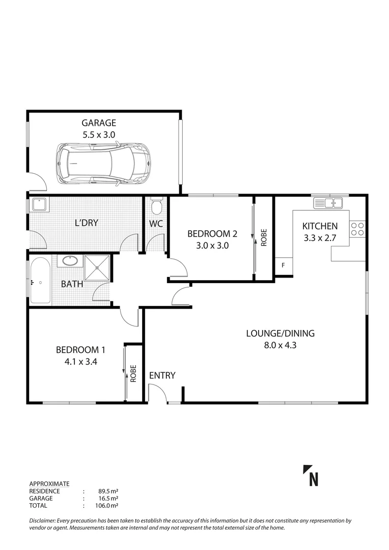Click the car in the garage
click(x=103, y=163)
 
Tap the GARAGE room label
click(x=99, y=123)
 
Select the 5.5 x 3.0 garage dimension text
click(x=99, y=134)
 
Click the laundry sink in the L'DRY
click(x=39, y=205)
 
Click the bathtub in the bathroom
click(x=40, y=281)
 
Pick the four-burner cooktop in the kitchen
click(x=357, y=228)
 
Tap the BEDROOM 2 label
click(x=212, y=234)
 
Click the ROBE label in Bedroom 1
click(x=133, y=374)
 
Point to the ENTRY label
click(x=162, y=376)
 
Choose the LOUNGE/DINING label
click(x=280, y=334)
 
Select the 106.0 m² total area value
click(x=108, y=506)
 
